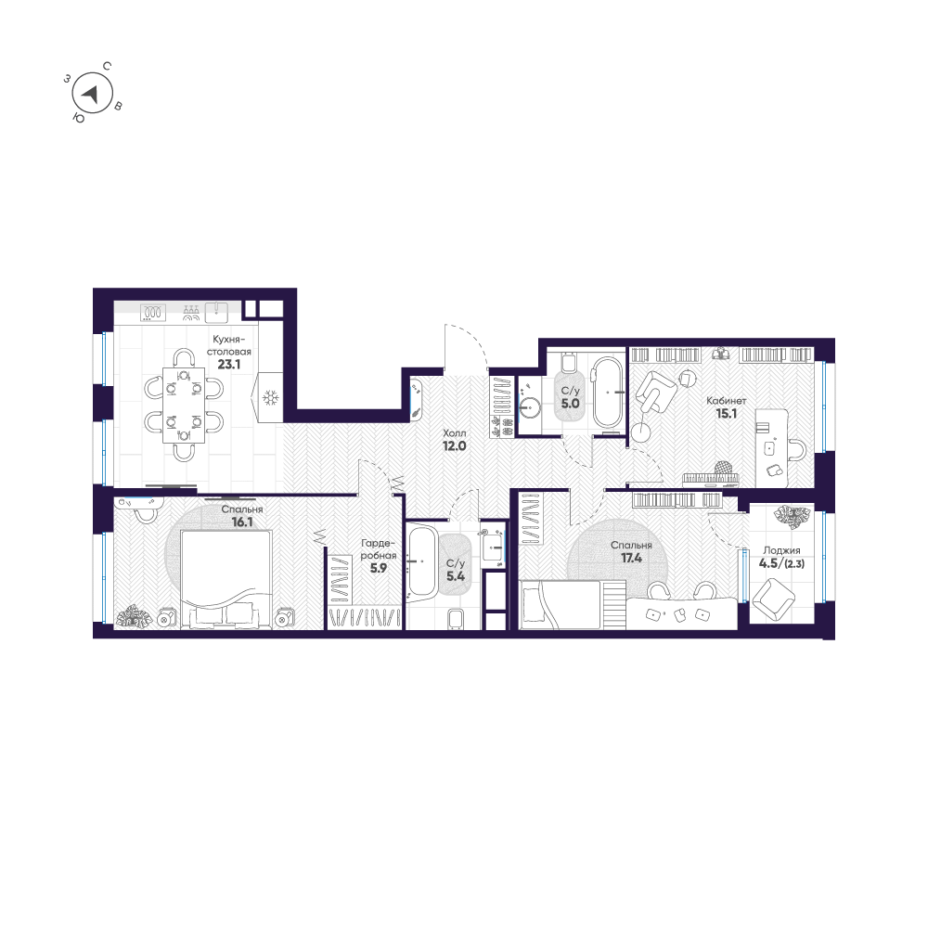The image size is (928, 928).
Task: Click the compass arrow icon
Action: coord(91,94)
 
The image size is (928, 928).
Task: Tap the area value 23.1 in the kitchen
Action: coord(228,365)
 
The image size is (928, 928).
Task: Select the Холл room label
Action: coord(454,433)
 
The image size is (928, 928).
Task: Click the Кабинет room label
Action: coord(725,401)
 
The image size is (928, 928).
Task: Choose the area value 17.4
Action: coord(631,560)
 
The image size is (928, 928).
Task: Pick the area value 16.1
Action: coord(242,523)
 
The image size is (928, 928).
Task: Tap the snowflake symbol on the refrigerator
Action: coord(271,399)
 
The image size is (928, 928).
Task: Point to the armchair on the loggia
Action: coord(772,599)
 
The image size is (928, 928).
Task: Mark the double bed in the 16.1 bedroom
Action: coord(226,579)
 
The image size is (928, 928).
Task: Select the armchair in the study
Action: coord(656,391)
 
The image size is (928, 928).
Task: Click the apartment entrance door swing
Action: coord(466,348)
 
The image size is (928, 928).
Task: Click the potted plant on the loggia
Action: coord(791,516)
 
